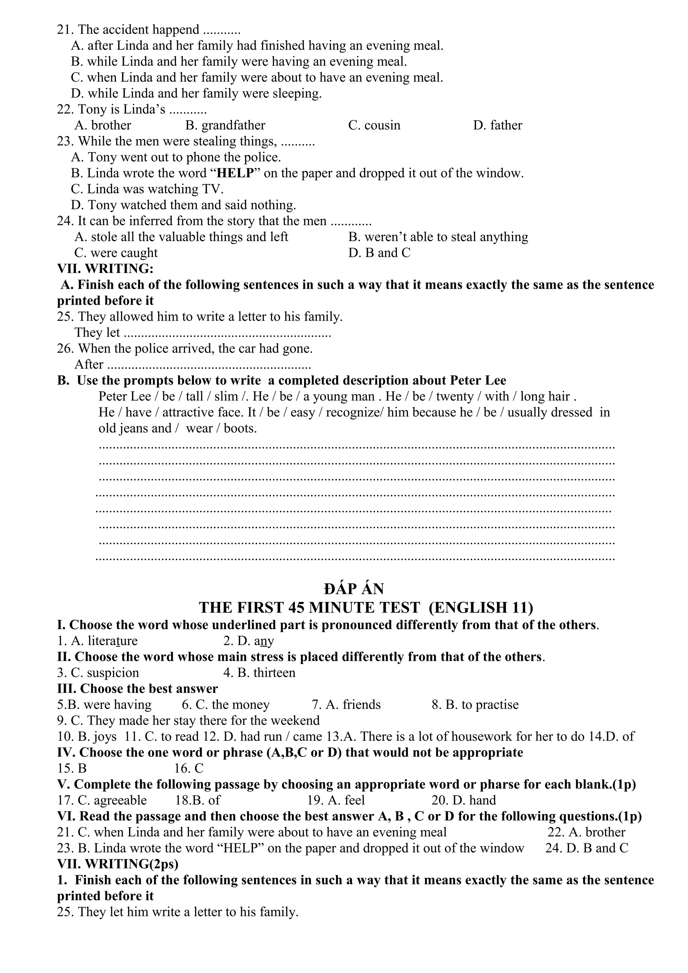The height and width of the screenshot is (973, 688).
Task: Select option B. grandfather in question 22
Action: tap(225, 126)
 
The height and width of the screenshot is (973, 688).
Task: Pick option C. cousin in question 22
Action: tap(374, 126)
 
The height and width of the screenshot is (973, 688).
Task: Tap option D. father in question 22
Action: tap(498, 126)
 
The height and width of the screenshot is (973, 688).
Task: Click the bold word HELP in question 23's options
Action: tap(235, 173)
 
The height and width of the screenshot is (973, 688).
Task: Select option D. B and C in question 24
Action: tap(379, 253)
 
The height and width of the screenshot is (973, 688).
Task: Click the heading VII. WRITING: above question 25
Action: tap(105, 269)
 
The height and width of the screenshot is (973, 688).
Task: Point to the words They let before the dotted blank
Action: tap(97, 333)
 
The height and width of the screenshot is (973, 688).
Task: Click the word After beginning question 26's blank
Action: tap(89, 364)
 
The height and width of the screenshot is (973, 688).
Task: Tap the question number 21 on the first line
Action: tap(65, 30)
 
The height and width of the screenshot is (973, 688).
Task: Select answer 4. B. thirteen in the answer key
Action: tap(259, 673)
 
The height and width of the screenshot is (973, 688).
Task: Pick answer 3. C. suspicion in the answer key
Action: tap(98, 673)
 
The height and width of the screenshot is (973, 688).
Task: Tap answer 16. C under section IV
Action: tap(189, 768)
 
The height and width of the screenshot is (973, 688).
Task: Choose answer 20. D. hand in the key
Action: tap(463, 800)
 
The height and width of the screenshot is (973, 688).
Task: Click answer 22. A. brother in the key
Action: tap(586, 832)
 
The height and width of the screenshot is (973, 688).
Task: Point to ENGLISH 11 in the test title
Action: tap(481, 608)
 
